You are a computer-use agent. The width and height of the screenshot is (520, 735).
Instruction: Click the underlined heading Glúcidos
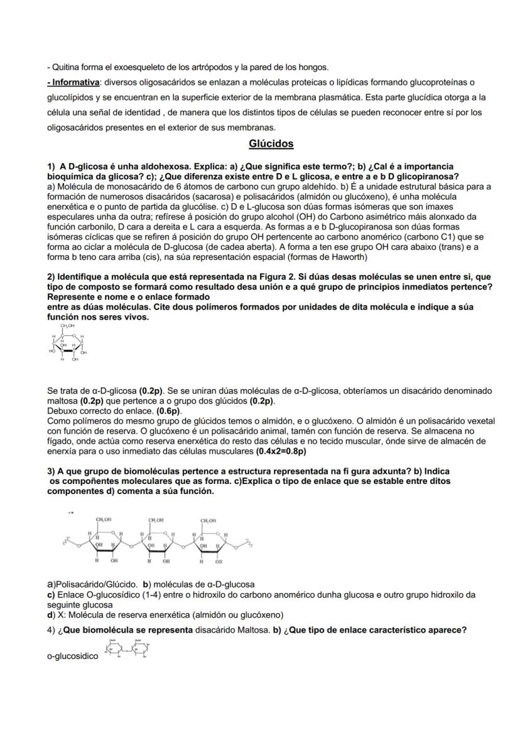(x=271, y=144)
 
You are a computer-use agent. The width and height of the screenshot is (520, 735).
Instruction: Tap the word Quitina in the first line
(x=65, y=67)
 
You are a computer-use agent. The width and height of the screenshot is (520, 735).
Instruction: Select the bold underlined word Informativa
(x=75, y=82)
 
